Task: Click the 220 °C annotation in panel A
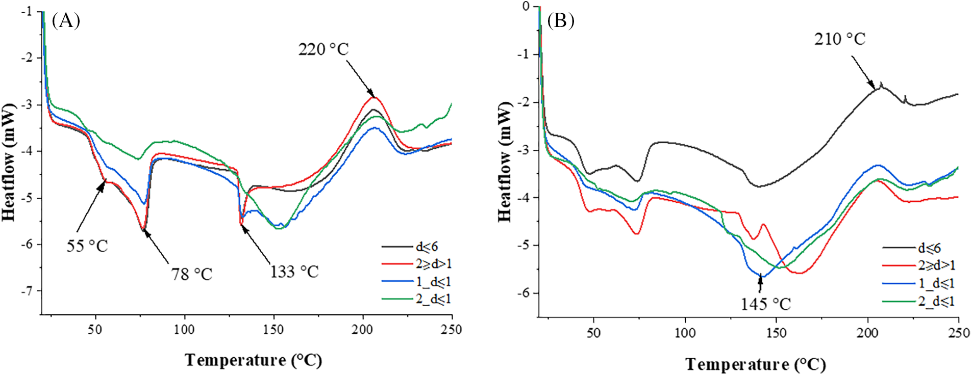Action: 323,49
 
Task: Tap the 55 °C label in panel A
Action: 87,246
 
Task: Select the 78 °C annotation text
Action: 191,275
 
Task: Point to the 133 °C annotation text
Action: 294,272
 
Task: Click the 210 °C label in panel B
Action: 840,39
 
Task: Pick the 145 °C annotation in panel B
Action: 766,304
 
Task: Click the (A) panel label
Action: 66,21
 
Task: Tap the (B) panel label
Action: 561,21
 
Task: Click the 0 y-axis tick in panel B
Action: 527,7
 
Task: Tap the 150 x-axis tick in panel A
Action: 273,330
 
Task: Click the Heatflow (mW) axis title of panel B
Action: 505,162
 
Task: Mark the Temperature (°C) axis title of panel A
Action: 254,360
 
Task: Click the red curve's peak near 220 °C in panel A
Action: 373,97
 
